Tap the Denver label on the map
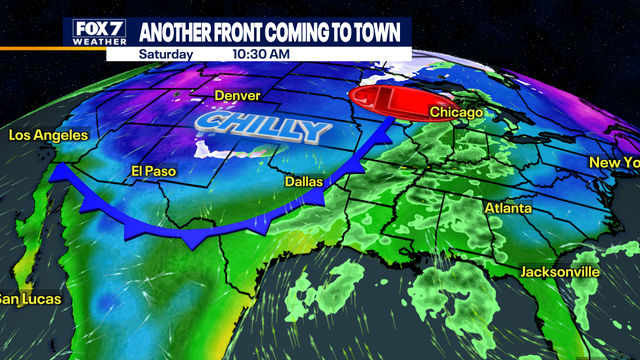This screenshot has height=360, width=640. pyautogui.click(x=238, y=96)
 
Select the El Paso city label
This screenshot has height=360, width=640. pyautogui.click(x=153, y=171)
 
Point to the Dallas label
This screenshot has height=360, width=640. pyautogui.click(x=304, y=183)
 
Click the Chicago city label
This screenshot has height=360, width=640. pyautogui.click(x=456, y=113)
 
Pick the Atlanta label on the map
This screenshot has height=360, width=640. pyautogui.click(x=508, y=208)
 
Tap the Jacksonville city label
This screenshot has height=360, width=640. pyautogui.click(x=560, y=272)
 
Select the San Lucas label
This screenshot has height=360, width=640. pyautogui.click(x=30, y=299)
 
